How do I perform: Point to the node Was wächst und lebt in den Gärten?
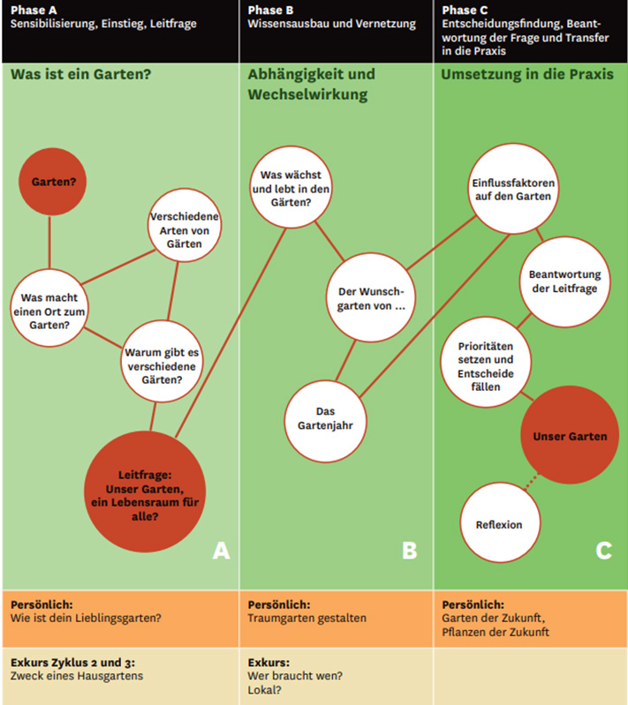pyautogui.click(x=291, y=189)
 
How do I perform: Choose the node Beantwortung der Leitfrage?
pyautogui.click(x=563, y=281)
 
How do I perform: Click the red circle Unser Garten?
pyautogui.click(x=569, y=436)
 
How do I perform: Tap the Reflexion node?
pyautogui.click(x=498, y=524)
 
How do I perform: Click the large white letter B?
pyautogui.click(x=409, y=551)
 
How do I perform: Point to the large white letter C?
pyautogui.click(x=603, y=551)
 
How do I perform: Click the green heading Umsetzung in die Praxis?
pyautogui.click(x=526, y=74)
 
